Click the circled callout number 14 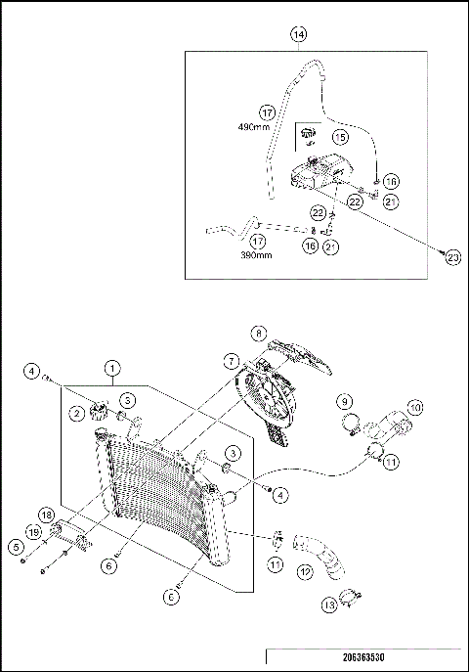coord(299,34)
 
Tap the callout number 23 coord(451,256)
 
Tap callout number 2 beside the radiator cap coord(75,414)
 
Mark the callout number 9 coord(344,401)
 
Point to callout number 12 coord(305,571)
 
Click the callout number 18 coord(46,515)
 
